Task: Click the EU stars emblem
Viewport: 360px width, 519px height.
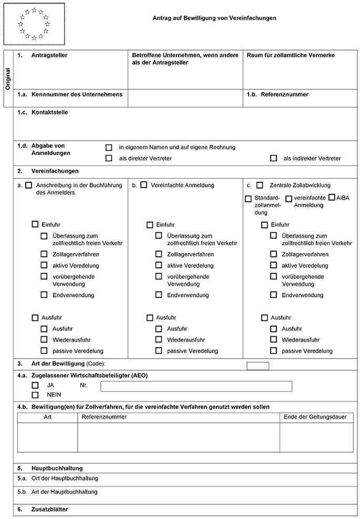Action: point(34,24)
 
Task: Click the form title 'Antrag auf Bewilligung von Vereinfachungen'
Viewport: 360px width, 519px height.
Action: point(214,18)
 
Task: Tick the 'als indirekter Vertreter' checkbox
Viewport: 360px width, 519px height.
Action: point(273,158)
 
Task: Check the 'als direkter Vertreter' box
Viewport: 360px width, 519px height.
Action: point(109,158)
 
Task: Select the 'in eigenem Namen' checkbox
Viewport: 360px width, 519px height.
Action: point(109,148)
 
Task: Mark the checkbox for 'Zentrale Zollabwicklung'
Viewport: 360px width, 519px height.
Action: point(260,185)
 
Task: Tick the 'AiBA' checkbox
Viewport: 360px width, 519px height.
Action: point(332,198)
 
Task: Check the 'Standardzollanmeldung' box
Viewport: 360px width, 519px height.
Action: point(248,199)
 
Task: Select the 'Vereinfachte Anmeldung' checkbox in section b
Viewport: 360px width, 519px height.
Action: point(143,185)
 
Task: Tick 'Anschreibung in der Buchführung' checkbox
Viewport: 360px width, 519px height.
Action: point(28,185)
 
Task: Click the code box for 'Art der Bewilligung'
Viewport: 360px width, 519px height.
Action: point(258,366)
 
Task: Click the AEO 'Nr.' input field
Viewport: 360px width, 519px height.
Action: point(196,387)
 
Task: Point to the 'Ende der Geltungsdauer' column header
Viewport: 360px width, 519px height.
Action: point(315,417)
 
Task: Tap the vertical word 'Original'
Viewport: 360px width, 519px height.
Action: point(7,79)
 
